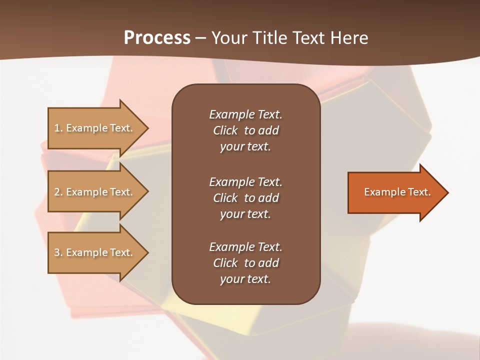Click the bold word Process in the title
coord(157,37)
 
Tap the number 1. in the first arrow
coord(58,128)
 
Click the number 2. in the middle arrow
coord(58,192)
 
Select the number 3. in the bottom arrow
coord(58,252)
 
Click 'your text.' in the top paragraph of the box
coord(245,146)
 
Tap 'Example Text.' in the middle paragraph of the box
coord(245,181)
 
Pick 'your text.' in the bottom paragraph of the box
coord(245,279)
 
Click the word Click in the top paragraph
coord(225,130)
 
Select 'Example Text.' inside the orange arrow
coord(397,192)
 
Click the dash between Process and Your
coord(200,38)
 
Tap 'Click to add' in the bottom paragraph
coord(245,263)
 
